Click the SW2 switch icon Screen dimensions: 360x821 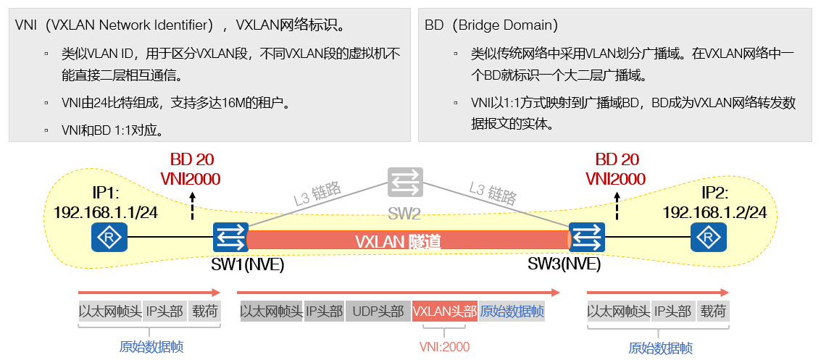[x=404, y=182]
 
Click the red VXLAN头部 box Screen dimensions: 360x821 [x=444, y=311]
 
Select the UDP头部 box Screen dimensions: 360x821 [x=378, y=311]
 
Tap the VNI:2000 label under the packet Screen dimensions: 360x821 [x=444, y=347]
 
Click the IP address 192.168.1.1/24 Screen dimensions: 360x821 [x=106, y=212]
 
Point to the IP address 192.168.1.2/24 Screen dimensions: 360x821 [x=714, y=212]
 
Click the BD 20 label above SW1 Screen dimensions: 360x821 [x=192, y=160]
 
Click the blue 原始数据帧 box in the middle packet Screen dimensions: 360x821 [x=512, y=311]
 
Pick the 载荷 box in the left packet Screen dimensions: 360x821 [x=204, y=311]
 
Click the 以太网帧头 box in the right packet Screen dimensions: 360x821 [x=618, y=311]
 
